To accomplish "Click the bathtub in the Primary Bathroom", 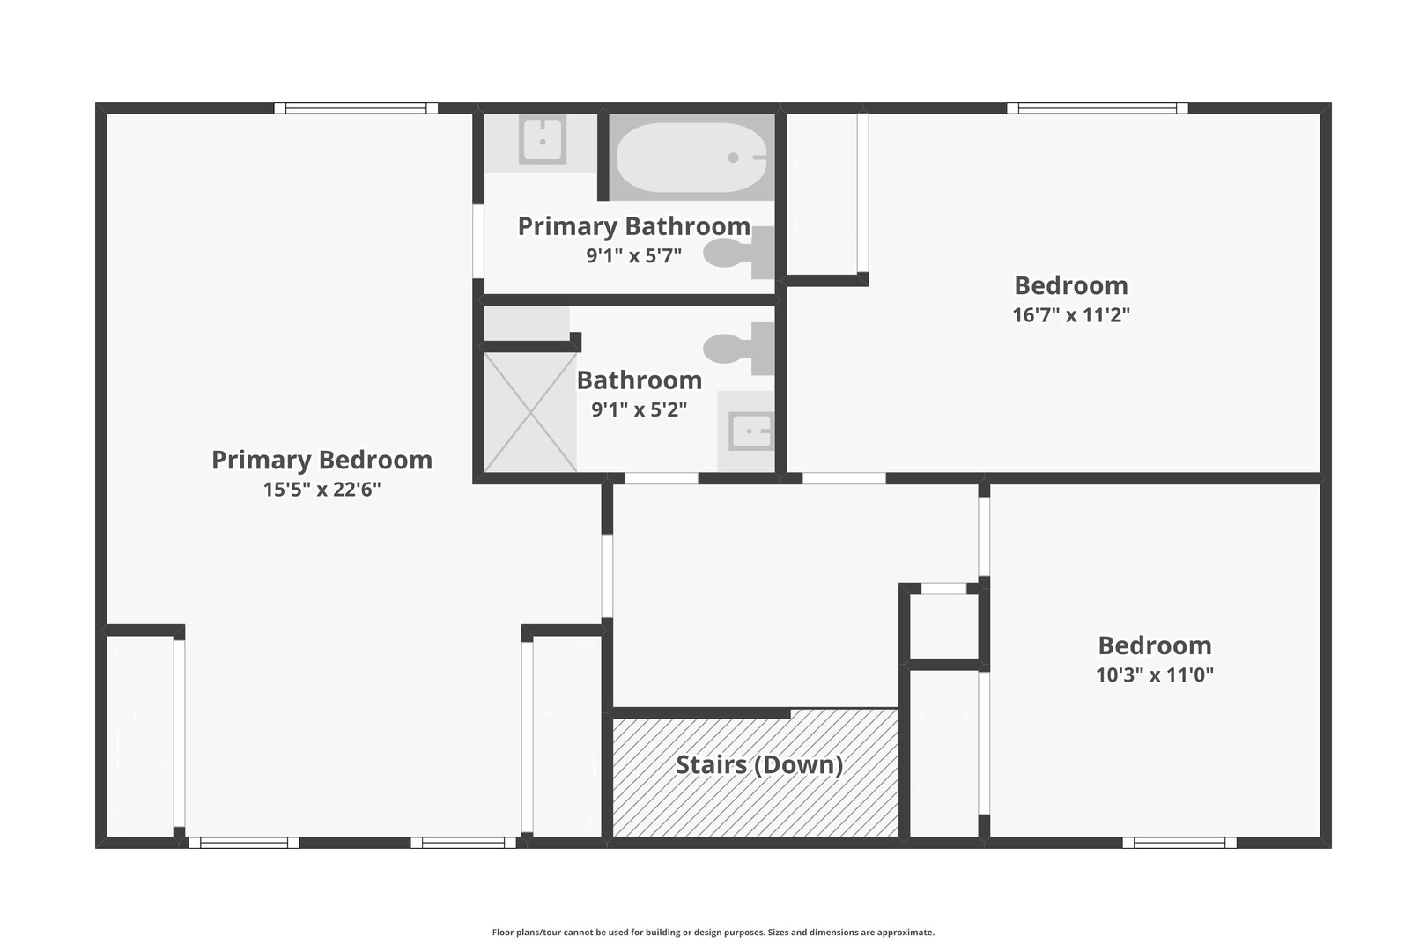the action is pos(691,158).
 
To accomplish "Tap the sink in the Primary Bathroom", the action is pos(542,140).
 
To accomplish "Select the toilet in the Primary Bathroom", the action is pos(739,253).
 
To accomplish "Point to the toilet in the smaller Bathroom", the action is pos(739,349).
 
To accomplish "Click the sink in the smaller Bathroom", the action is pos(751,431).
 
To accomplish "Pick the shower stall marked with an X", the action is pos(530,412).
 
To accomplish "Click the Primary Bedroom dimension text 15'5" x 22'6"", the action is pos(322,490).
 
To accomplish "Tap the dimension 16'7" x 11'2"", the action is pos(1071,314).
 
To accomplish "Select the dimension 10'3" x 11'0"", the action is pos(1154,675).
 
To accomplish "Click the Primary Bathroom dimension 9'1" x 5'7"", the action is pos(634,255).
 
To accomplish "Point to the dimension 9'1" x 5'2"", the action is pos(639,409).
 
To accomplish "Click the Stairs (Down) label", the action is pos(759,765).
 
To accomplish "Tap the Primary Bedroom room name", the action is pos(322,460).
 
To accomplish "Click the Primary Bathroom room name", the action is pos(634,226).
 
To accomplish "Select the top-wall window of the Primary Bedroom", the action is pos(356,108).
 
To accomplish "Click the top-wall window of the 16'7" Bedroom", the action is pos(1097,108).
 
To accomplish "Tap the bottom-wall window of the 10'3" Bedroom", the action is pos(1179,843).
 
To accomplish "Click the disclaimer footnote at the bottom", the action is pos(713,932).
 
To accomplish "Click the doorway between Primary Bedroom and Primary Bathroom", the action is pos(477,240).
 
